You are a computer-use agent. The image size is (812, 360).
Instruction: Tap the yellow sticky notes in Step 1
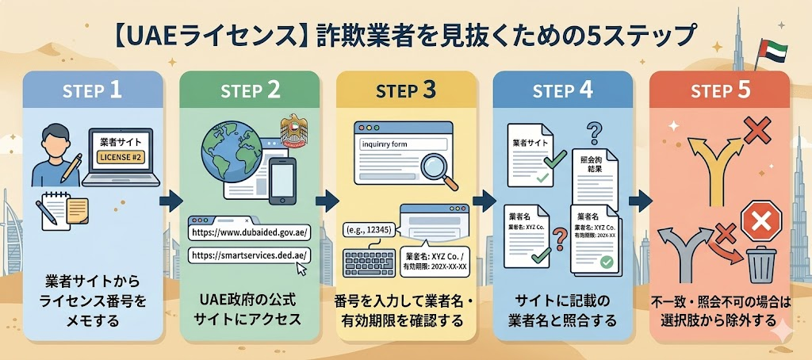tap(76, 211)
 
